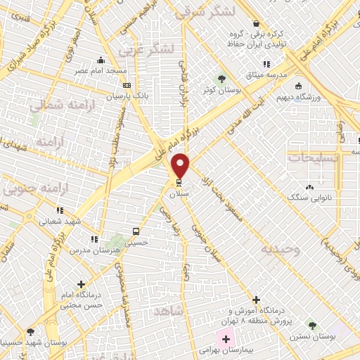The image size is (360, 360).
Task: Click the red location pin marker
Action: click(x=181, y=166)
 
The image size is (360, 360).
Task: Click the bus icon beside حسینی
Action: click(x=135, y=231)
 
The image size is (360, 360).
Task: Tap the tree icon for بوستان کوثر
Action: click(x=222, y=78)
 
